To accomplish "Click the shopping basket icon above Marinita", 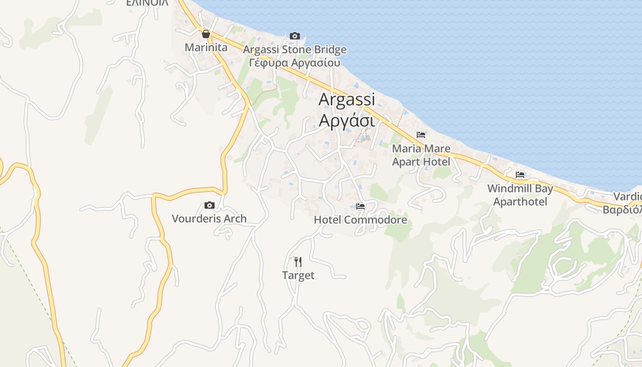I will [206, 34].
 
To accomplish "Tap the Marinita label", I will [206, 47].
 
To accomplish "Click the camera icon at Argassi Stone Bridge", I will [295, 36].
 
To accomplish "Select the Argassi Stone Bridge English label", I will [295, 50].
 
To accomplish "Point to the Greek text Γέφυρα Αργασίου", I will [295, 62].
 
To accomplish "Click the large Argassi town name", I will [347, 99].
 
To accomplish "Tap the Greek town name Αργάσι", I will [347, 120].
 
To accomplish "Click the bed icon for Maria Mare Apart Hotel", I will [421, 135].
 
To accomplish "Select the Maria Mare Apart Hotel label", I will [421, 155].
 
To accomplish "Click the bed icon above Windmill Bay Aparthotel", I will [520, 175].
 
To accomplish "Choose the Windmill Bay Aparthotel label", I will [520, 195].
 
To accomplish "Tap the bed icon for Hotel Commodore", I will [360, 206].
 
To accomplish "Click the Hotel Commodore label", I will [360, 220].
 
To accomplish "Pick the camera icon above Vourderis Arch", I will [210, 205].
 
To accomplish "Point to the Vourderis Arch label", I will [209, 218].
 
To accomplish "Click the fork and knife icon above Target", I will [298, 262].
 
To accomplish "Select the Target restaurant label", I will [298, 275].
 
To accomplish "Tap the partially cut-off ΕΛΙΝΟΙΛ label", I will [147, 3].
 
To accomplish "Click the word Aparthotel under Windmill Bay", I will [520, 202].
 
